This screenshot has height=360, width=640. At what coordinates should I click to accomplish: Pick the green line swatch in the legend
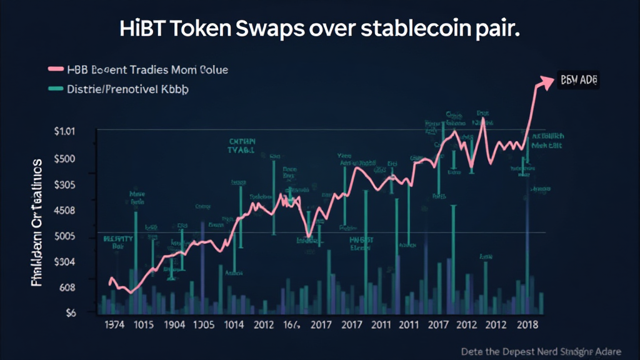pyautogui.click(x=56, y=89)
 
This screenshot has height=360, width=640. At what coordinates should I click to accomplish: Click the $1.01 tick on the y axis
pyautogui.click(x=64, y=132)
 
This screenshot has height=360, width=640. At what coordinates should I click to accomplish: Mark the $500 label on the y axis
pyautogui.click(x=64, y=158)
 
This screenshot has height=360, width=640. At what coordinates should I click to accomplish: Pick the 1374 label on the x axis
pyautogui.click(x=113, y=325)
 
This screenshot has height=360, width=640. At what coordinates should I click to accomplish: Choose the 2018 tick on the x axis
pyautogui.click(x=528, y=325)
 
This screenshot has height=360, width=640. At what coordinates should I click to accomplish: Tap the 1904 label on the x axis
pyautogui.click(x=174, y=325)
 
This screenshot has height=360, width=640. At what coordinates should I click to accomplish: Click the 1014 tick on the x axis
pyautogui.click(x=233, y=325)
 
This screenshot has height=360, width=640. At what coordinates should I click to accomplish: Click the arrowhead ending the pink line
pyautogui.click(x=548, y=81)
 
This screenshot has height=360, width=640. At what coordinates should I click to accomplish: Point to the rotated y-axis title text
pyautogui.click(x=37, y=222)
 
